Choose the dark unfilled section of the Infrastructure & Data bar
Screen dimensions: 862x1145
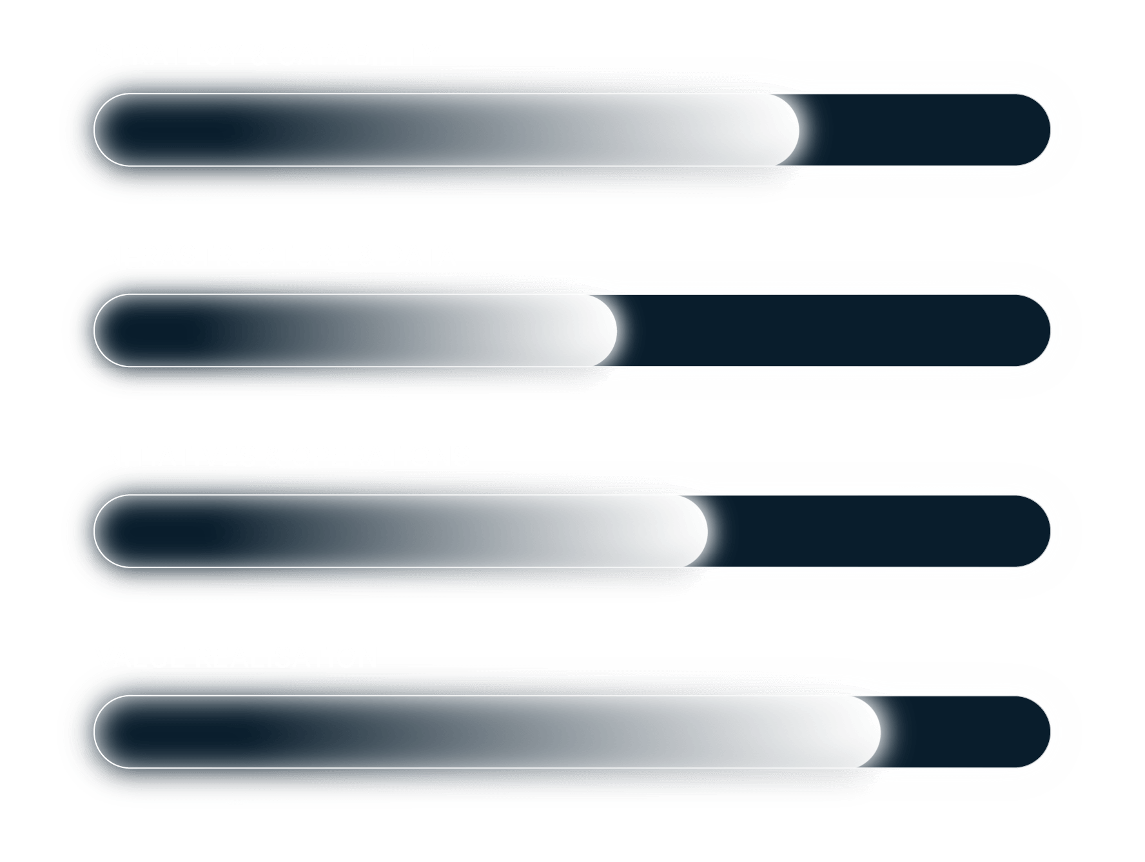click(832, 330)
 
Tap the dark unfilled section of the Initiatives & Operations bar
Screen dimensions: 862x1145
click(877, 532)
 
